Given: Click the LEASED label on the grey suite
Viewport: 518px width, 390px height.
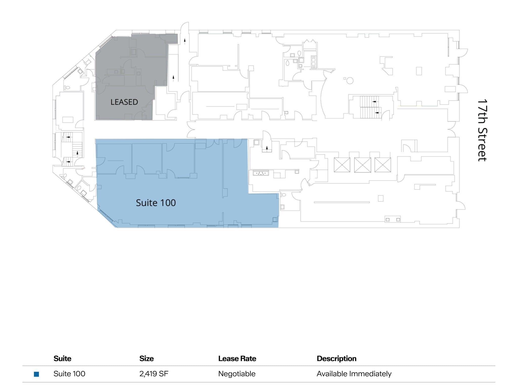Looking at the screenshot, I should [124, 102].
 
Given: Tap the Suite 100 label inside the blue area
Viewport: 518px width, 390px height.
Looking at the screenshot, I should [156, 203].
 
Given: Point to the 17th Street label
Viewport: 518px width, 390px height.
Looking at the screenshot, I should [482, 130].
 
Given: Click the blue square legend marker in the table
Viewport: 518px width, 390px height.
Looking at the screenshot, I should [36, 374].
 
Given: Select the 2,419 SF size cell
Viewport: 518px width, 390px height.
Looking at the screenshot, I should [154, 374].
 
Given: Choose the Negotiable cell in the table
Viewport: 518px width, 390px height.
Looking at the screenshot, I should [237, 374].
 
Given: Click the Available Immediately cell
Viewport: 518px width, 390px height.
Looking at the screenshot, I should [354, 374].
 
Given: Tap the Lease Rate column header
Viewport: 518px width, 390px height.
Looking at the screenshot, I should [237, 358].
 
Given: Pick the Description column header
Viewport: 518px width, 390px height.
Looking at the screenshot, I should [336, 358].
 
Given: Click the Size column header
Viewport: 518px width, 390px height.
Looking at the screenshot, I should [146, 358].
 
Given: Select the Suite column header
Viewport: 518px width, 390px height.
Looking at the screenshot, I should [62, 358].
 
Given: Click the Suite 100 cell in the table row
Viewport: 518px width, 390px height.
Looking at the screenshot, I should [69, 374].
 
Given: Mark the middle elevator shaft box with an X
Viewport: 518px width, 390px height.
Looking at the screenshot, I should [362, 165].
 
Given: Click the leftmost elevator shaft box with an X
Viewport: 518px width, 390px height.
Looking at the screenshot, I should [342, 165].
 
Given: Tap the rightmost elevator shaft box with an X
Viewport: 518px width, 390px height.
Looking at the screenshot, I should [383, 165].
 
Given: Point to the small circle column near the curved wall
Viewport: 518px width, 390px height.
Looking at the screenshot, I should [350, 81].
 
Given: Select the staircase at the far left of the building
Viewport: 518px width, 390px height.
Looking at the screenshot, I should [72, 149].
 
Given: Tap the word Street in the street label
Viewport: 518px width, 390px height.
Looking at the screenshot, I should [482, 144].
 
